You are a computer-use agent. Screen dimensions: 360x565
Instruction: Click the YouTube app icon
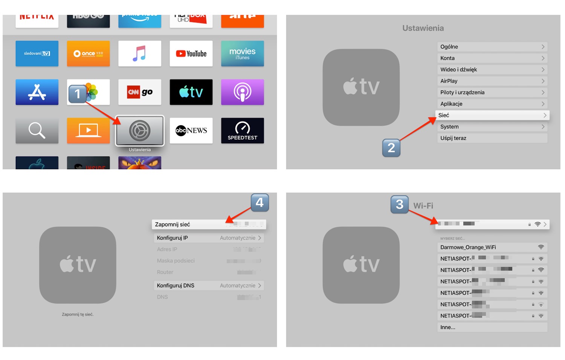pos(191,54)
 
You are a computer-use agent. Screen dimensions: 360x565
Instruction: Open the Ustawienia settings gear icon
pos(140,130)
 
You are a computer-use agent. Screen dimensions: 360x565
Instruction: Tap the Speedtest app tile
pos(242,130)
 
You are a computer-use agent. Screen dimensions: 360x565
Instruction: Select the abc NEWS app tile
pos(191,130)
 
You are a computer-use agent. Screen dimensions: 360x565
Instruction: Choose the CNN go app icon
pos(140,92)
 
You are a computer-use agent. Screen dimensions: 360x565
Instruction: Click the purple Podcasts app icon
pos(242,92)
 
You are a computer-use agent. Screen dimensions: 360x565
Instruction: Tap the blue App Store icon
pos(37,92)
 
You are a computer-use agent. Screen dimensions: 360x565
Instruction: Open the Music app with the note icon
pos(140,54)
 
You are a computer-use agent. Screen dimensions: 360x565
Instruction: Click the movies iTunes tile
pos(242,54)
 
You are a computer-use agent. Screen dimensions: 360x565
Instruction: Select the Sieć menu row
pos(492,115)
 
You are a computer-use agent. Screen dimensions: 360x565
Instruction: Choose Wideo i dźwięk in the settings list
pos(492,69)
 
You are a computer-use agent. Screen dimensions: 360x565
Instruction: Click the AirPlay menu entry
pos(492,81)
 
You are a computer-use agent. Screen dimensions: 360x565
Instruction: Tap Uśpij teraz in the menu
pos(492,138)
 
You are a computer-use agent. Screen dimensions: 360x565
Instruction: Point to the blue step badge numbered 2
pos(391,148)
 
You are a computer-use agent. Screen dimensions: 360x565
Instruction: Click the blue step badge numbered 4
pos(260,203)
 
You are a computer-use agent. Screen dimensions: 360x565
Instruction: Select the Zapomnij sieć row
pos(209,224)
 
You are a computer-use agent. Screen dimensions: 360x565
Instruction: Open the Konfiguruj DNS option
pos(209,285)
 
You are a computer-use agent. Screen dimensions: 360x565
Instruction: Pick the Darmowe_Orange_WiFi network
pos(492,247)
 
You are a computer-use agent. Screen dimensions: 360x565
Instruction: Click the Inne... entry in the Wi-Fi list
pos(492,327)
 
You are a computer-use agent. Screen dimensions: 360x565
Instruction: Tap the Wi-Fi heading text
pos(423,206)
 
